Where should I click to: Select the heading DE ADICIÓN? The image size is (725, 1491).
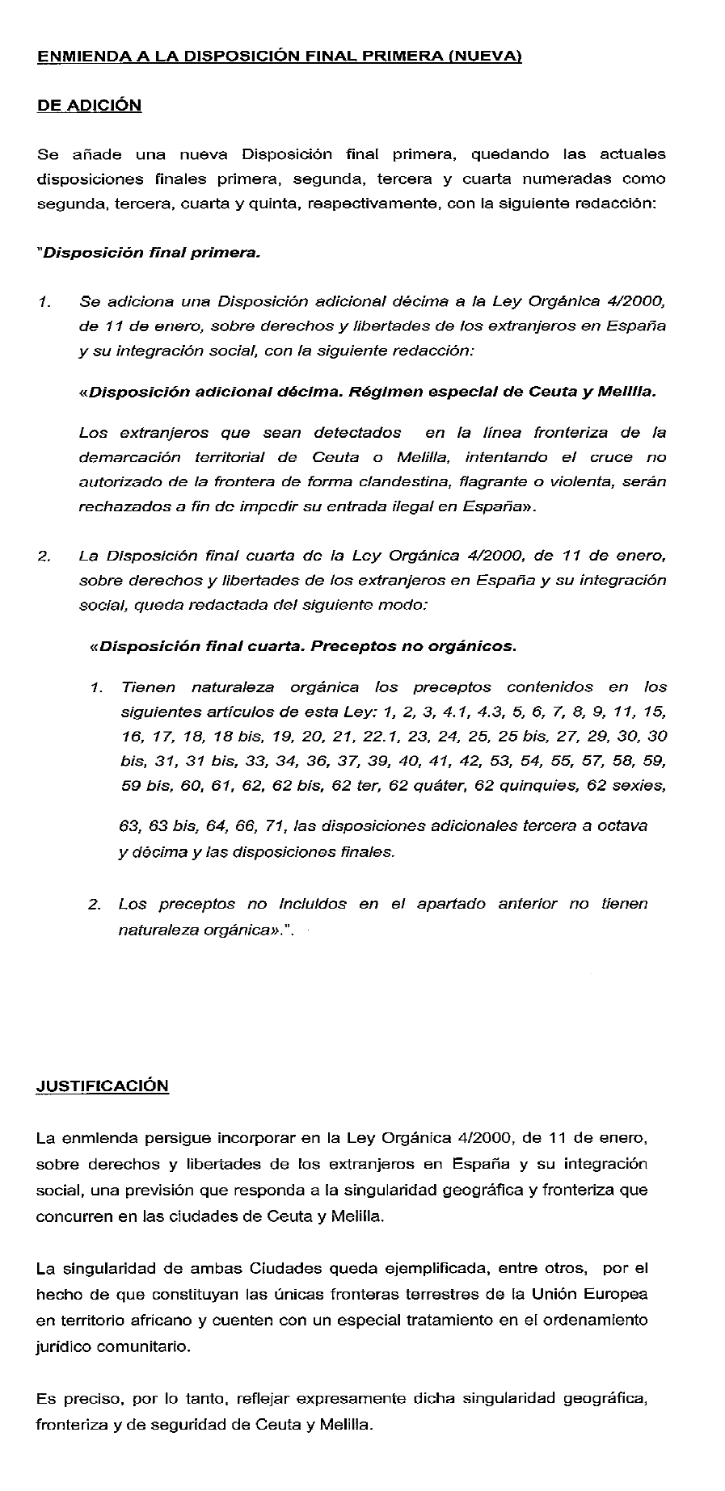(x=89, y=106)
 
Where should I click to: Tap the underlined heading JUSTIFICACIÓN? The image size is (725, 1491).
(x=103, y=1086)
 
